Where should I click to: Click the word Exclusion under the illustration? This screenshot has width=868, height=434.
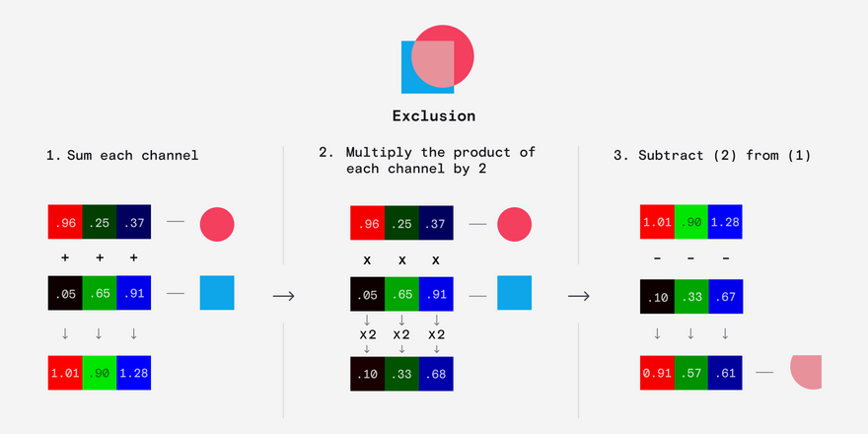click(434, 116)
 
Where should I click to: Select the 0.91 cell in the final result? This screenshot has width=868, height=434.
click(657, 373)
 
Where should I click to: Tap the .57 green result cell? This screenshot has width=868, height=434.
click(690, 373)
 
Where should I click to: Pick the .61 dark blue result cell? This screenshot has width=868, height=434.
click(725, 373)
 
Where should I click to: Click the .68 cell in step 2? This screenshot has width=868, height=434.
click(436, 374)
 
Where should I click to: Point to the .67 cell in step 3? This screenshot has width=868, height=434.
click(725, 297)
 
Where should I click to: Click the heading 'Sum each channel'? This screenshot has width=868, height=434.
click(132, 156)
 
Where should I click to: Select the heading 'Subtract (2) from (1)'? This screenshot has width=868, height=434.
click(724, 156)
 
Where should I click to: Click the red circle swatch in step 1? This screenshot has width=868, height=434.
click(217, 224)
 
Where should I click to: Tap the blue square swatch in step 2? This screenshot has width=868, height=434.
click(514, 293)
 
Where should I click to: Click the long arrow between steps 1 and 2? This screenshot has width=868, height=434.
click(283, 297)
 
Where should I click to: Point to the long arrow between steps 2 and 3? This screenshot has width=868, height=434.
click(579, 297)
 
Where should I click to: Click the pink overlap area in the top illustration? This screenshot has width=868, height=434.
click(435, 64)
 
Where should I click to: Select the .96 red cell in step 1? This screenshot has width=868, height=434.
click(65, 222)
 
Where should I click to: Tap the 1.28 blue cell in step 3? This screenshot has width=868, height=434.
click(725, 222)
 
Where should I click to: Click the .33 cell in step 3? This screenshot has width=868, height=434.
click(690, 297)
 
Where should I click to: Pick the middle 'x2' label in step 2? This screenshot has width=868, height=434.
click(401, 335)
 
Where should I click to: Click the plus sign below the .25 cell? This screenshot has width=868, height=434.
click(100, 257)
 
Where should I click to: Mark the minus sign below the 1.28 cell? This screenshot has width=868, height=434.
click(725, 258)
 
